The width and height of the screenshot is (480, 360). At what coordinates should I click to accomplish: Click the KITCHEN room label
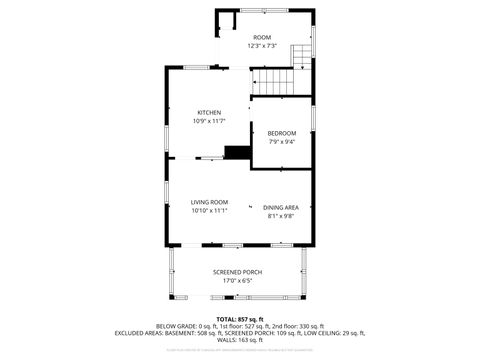click(209, 112)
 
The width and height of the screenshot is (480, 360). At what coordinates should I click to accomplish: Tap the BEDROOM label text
click(281, 133)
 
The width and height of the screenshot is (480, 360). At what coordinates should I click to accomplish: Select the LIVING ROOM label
click(210, 202)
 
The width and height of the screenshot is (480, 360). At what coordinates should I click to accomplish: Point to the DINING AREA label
click(280, 207)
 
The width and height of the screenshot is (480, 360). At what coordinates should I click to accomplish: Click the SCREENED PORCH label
click(238, 272)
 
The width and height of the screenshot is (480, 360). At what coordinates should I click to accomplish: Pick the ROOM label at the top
click(261, 37)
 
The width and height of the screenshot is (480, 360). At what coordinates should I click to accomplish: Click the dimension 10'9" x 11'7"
click(209, 121)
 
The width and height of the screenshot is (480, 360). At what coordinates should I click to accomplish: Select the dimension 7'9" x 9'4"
click(281, 141)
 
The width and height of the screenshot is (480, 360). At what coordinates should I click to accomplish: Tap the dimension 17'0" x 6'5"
click(238, 280)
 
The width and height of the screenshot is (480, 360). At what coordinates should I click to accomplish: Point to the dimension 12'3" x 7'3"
click(261, 46)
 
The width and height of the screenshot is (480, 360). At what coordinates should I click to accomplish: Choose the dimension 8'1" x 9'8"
click(280, 215)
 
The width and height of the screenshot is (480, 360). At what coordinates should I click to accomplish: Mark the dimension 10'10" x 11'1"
click(210, 210)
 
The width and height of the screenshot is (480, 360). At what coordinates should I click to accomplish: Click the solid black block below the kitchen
click(237, 152)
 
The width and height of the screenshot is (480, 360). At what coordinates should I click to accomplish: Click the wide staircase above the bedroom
click(275, 81)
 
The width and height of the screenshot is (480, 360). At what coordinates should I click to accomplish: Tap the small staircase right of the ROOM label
click(302, 54)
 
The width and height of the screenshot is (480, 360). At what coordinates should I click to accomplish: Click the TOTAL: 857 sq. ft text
click(239, 318)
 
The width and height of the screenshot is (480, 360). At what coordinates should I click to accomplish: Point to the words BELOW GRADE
click(176, 326)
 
